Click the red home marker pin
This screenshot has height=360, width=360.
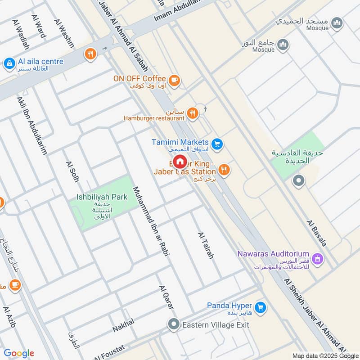(x=180, y=161)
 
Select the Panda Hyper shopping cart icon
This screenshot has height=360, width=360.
(x=260, y=307)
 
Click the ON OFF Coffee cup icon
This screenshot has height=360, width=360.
(x=174, y=80)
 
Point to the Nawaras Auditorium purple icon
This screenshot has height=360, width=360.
(x=318, y=258)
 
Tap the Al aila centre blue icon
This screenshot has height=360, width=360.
(x=9, y=64)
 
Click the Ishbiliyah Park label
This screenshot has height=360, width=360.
(x=102, y=197)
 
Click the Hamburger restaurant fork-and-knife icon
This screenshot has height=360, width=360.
(x=193, y=113)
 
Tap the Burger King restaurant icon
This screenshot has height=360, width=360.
(x=224, y=170)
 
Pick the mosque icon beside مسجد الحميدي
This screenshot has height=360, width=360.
(x=336, y=22)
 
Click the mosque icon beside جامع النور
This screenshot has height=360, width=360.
(x=283, y=44)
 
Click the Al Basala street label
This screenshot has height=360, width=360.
(x=317, y=233)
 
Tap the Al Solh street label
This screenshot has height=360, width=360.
(x=72, y=171)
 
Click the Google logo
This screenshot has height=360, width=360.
(x=18, y=353)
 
